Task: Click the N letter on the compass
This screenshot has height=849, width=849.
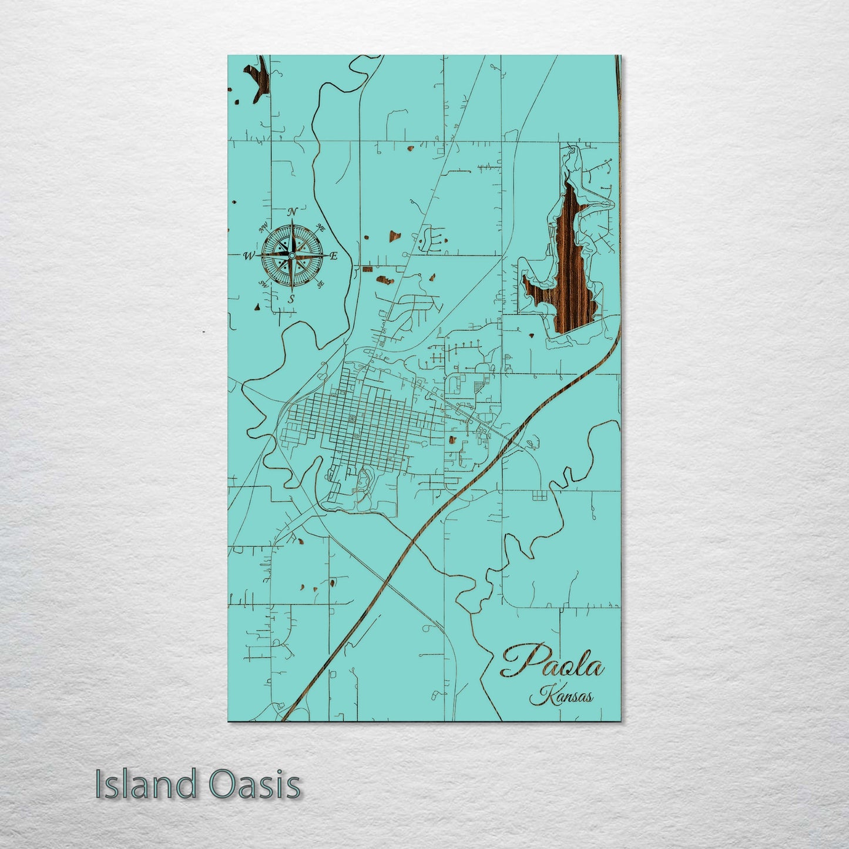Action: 293,212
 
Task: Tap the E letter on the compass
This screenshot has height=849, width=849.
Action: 333,256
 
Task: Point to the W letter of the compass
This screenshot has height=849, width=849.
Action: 249,256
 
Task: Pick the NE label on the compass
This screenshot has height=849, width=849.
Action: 321,227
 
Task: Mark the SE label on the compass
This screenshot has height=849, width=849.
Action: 320,285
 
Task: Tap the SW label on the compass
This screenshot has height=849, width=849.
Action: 264,284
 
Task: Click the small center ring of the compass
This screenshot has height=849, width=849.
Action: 291,256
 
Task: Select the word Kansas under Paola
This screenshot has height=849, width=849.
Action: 561,697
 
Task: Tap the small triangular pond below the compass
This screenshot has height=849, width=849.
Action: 257,307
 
